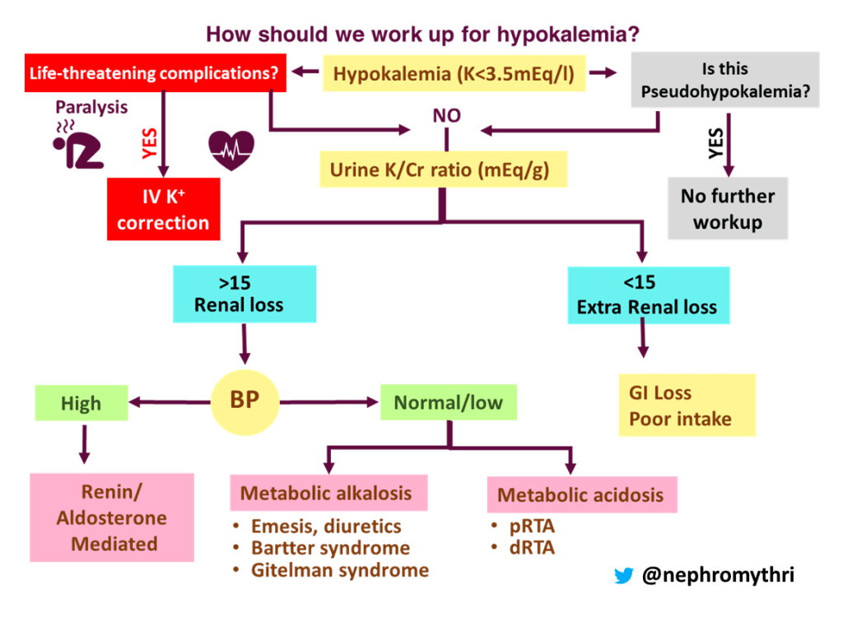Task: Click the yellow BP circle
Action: pos(246,403)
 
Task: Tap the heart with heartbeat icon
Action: pos(231,149)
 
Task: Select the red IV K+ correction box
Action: pos(163,209)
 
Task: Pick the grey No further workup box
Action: pos(727,208)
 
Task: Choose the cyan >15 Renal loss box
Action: pos(244,294)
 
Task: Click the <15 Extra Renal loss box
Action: pos(646,295)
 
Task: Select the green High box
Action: pos(81,403)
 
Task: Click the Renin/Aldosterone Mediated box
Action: pos(112,517)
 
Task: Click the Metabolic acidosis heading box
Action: pos(581,495)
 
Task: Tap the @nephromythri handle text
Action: pos(718,576)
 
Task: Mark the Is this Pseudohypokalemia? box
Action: pos(724,80)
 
